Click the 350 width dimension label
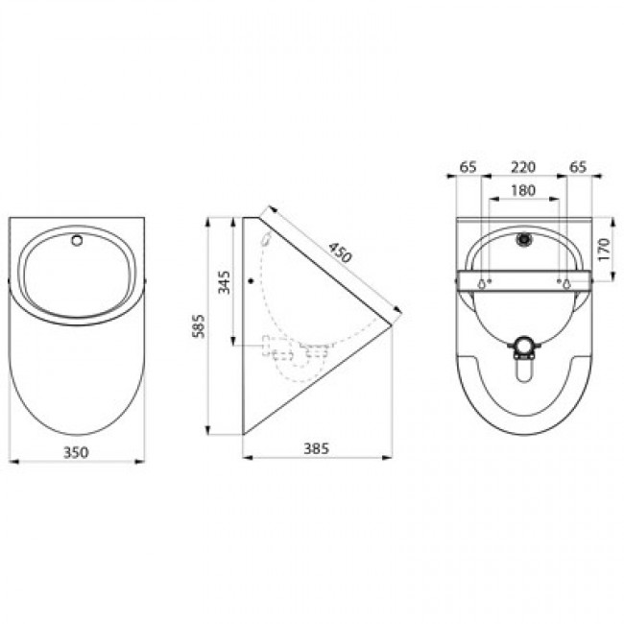click(x=76, y=452)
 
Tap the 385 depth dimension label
click(x=317, y=448)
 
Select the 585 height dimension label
click(x=199, y=326)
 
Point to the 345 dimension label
click(x=224, y=282)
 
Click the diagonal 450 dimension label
click(x=340, y=253)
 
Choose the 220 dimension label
click(x=523, y=167)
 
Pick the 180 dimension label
click(x=523, y=191)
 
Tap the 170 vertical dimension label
click(x=604, y=250)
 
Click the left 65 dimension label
click(x=468, y=167)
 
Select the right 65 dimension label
click(x=578, y=167)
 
